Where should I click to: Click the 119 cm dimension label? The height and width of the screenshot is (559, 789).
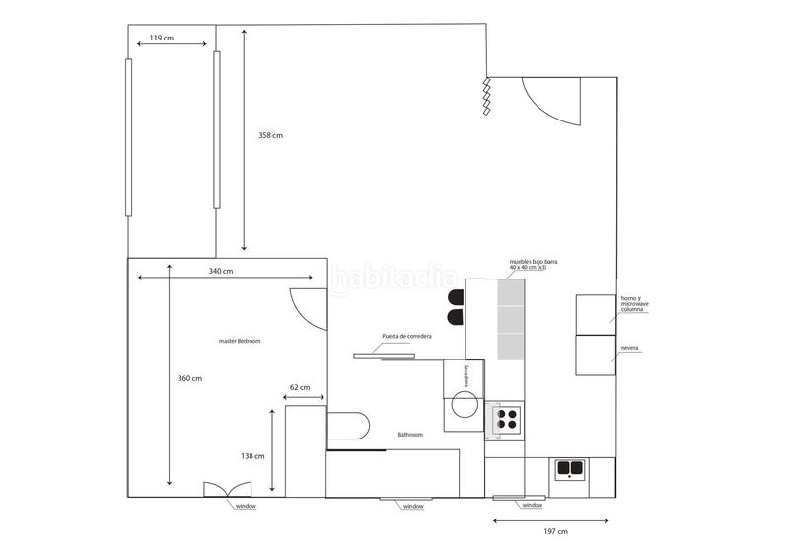pyautogui.click(x=162, y=39)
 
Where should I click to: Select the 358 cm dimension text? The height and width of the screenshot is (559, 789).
pyautogui.click(x=270, y=135)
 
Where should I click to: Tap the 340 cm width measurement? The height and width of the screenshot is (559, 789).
pyautogui.click(x=221, y=271)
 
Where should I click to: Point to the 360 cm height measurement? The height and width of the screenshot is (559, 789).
pyautogui.click(x=189, y=378)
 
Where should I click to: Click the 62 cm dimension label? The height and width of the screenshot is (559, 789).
pyautogui.click(x=300, y=388)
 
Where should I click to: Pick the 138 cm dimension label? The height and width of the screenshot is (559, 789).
pyautogui.click(x=253, y=456)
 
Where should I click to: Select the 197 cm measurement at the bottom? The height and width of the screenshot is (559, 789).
pyautogui.click(x=555, y=531)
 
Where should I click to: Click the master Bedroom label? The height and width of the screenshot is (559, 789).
pyautogui.click(x=240, y=341)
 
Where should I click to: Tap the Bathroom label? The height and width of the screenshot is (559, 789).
pyautogui.click(x=410, y=435)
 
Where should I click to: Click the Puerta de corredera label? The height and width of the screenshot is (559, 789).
pyautogui.click(x=407, y=337)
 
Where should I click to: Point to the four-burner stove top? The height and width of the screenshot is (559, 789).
pyautogui.click(x=507, y=419)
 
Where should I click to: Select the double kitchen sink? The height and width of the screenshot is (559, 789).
pyautogui.click(x=569, y=468)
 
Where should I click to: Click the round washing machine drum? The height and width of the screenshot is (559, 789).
pyautogui.click(x=466, y=404)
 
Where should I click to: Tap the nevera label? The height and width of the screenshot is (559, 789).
pyautogui.click(x=628, y=349)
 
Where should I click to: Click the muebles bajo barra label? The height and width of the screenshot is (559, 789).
pyautogui.click(x=534, y=265)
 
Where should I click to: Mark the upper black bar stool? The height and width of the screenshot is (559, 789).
pyautogui.click(x=455, y=296)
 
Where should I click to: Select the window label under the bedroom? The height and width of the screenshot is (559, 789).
pyautogui.click(x=246, y=506)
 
